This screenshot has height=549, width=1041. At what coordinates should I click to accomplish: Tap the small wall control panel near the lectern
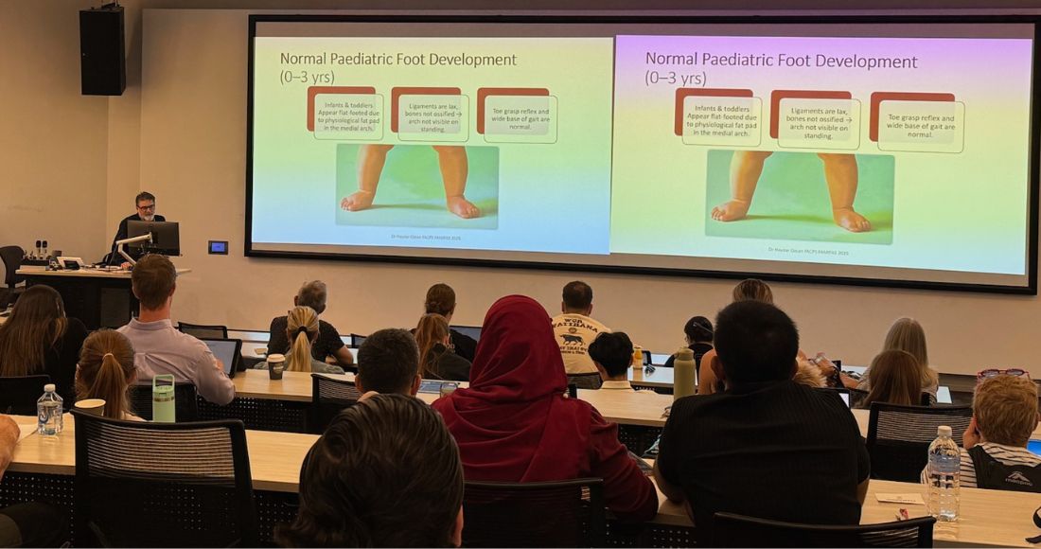218,247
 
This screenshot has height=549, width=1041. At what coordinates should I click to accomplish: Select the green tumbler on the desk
164,398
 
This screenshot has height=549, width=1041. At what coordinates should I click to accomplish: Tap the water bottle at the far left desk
49,410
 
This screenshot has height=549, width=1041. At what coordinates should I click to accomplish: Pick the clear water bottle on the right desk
943,472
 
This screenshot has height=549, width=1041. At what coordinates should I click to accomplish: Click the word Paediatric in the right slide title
750,61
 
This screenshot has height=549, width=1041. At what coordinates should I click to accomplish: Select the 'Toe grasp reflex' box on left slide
519,116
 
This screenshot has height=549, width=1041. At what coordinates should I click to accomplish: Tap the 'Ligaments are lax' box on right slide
817,121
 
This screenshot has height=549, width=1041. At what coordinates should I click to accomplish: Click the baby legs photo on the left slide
416,185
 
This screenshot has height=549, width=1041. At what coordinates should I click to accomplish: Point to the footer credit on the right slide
808,251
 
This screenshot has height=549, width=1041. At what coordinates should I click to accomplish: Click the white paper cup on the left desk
90,406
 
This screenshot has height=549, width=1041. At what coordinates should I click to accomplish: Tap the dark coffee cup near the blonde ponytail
275,366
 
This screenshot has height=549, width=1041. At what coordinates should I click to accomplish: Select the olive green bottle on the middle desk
684,373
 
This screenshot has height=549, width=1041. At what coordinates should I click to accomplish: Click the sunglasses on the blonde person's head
1003,374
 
